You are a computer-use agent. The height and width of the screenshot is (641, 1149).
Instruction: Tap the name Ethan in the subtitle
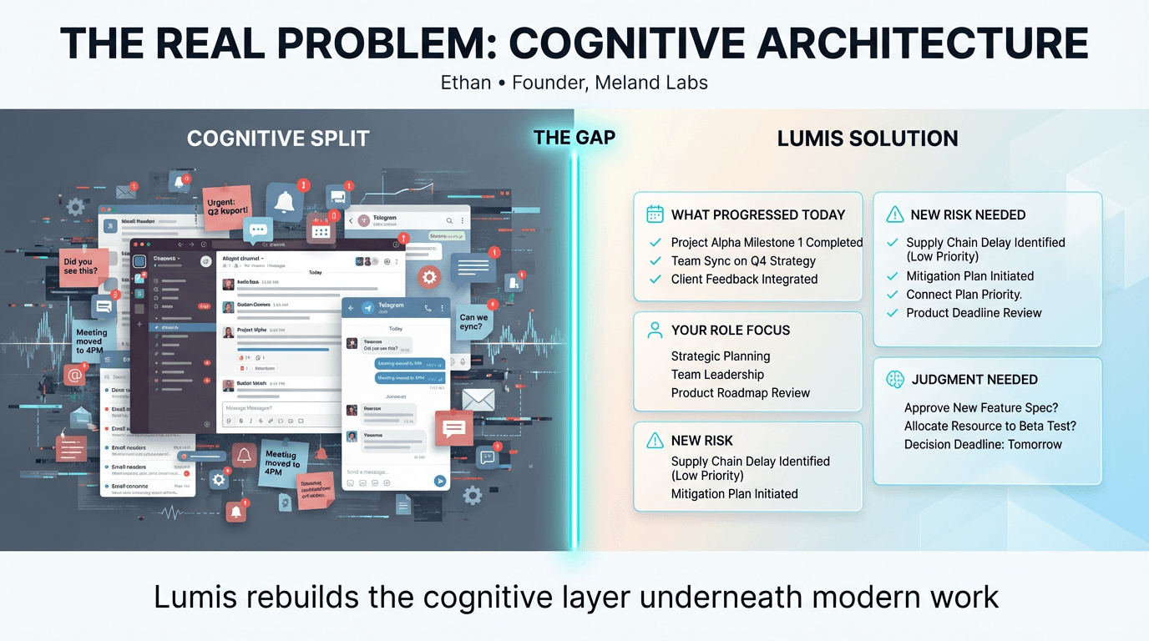pyautogui.click(x=465, y=83)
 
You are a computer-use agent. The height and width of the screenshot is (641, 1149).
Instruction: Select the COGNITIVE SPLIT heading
pyautogui.click(x=278, y=139)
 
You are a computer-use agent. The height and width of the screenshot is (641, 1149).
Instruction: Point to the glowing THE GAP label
pyautogui.click(x=574, y=138)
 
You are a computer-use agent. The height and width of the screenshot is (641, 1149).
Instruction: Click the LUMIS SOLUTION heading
pyautogui.click(x=868, y=139)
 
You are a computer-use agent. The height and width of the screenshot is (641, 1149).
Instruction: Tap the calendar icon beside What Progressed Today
pyautogui.click(x=655, y=215)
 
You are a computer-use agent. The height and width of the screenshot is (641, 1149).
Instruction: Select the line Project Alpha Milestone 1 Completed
pyautogui.click(x=767, y=243)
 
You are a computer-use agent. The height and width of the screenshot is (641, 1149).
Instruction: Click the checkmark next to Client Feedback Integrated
pyautogui.click(x=655, y=280)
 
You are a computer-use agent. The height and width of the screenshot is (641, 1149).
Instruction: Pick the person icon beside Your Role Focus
pyautogui.click(x=655, y=331)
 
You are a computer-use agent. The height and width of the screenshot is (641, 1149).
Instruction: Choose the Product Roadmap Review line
pyautogui.click(x=741, y=393)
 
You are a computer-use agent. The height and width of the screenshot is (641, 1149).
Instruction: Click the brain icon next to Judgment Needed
pyautogui.click(x=895, y=380)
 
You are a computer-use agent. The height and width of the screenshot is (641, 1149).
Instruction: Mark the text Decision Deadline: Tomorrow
pyautogui.click(x=983, y=445)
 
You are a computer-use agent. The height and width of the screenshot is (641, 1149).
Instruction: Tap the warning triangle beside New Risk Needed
pyautogui.click(x=895, y=215)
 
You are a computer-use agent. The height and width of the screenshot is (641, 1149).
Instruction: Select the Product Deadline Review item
pyautogui.click(x=974, y=313)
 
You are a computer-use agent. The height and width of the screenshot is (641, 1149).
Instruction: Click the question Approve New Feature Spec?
pyautogui.click(x=981, y=408)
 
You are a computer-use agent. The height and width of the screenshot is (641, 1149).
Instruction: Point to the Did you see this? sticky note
pyautogui.click(x=83, y=266)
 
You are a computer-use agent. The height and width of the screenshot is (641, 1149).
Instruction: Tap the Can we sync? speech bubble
pyautogui.click(x=473, y=322)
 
